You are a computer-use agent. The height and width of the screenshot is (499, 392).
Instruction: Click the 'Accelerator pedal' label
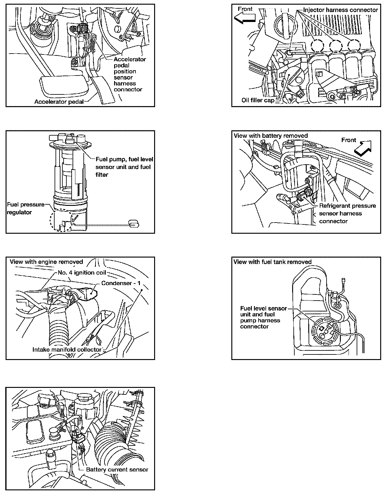coord(59,101)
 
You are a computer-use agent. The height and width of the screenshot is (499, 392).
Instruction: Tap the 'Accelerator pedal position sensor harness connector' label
coord(129,74)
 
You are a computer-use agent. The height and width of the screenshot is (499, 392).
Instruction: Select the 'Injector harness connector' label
coord(341,10)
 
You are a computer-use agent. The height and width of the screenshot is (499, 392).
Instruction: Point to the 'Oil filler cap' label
coord(258,100)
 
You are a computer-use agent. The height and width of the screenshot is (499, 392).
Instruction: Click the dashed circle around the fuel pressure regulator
coord(60,221)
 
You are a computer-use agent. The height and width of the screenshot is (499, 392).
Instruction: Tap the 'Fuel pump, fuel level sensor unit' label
coord(124,167)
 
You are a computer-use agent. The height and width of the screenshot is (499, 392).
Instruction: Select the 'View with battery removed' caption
coord(270,136)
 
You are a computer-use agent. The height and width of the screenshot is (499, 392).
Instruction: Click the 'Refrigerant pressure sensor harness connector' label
coord(347,213)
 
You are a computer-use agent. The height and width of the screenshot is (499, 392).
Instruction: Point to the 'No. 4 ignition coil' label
coord(82,273)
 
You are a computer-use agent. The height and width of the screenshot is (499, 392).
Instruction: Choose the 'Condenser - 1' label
coord(121,283)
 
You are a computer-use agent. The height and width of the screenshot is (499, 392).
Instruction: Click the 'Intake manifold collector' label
coord(67,349)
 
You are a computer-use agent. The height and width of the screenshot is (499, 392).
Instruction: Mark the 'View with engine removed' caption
coord(47,262)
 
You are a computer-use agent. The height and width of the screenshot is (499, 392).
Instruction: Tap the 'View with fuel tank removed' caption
coord(272,262)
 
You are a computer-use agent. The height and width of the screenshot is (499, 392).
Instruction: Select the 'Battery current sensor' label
coord(117,470)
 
